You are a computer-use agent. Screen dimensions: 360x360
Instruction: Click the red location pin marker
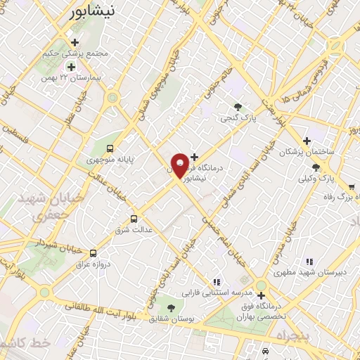[x=180, y=165]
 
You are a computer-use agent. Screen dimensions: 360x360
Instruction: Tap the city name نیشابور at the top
[x=98, y=11]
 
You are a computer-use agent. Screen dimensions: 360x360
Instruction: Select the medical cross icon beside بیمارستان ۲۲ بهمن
[x=70, y=66]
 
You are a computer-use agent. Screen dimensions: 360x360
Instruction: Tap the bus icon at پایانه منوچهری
[x=110, y=148]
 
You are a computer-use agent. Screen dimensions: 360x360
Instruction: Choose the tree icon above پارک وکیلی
[x=315, y=167]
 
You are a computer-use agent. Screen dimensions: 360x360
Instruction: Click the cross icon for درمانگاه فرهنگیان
[x=195, y=157]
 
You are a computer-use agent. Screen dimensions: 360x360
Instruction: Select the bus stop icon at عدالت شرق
[x=135, y=219]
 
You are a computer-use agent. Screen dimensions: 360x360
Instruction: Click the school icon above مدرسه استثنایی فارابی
[x=217, y=282]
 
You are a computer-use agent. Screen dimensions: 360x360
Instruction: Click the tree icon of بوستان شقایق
[x=171, y=307]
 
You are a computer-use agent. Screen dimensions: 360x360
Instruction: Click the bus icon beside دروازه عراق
[x=93, y=253]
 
